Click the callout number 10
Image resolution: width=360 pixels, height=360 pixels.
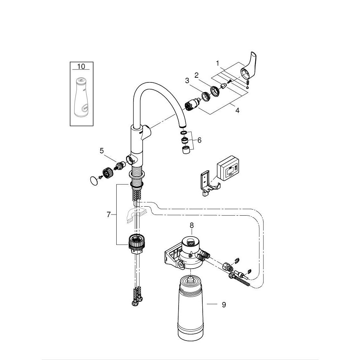coord(81,66)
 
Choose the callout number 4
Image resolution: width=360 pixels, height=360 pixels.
coord(237,111)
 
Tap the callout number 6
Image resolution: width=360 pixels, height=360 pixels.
coord(199,140)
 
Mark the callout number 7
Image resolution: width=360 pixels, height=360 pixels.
coord(108,215)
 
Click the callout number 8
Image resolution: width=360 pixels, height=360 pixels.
coord(192,225)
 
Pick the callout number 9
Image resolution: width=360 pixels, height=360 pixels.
coord(224,305)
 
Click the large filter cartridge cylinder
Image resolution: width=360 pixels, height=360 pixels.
coord(191,310)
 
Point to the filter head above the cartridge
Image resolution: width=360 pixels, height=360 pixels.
coord(191,252)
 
